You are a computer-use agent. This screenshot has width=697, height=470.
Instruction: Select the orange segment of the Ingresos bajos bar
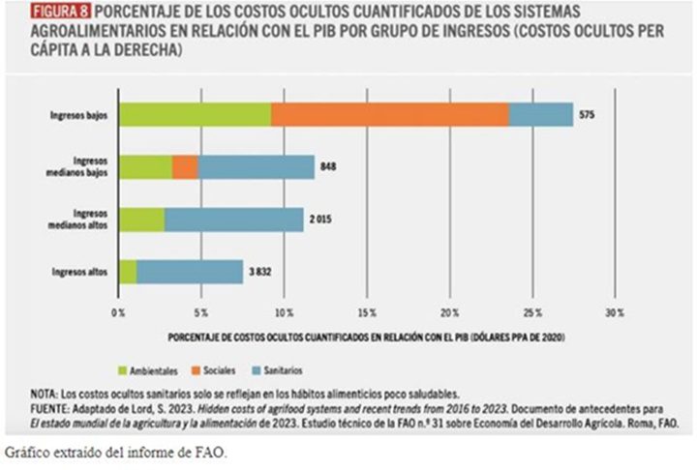[389, 115]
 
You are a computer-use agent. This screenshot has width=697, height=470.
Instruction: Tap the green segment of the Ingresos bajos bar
[194, 115]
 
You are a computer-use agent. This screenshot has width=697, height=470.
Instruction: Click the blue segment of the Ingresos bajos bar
[540, 115]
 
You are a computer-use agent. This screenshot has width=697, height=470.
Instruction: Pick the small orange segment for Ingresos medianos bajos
[185, 167]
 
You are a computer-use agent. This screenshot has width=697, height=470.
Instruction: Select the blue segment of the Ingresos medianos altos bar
[233, 220]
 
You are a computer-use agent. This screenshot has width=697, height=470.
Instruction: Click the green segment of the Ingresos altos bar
[127, 272]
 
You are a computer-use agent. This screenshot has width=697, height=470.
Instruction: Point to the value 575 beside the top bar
[588, 115]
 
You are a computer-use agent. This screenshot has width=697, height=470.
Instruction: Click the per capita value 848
[329, 167]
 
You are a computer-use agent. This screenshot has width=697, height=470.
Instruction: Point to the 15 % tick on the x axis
[366, 313]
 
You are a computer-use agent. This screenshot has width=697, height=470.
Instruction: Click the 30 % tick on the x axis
[614, 313]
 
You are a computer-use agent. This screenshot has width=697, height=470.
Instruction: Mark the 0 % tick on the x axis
[118, 313]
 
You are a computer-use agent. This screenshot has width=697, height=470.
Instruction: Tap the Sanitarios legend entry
[317, 370]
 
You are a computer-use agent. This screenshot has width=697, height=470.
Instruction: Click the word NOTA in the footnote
[45, 394]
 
